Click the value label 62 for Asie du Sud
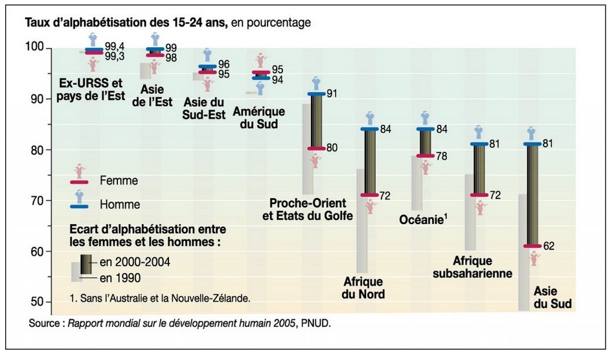(x=550, y=247)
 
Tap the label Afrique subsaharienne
(x=482, y=267)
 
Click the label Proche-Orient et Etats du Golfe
(x=308, y=208)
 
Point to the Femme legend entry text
(x=119, y=181)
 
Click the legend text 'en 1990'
(x=120, y=278)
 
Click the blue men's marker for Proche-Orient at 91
(x=315, y=94)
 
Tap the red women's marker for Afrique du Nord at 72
(x=370, y=195)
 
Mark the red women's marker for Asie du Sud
(x=533, y=246)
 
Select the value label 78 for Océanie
(x=442, y=157)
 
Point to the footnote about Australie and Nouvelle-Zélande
(x=159, y=298)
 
